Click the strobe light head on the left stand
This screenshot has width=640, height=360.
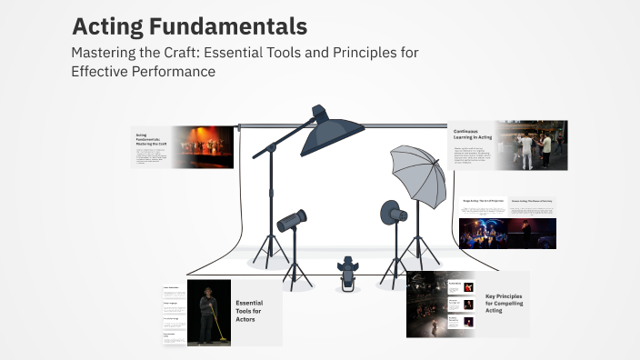pos(291,220)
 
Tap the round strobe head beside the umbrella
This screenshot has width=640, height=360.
pos(393,212)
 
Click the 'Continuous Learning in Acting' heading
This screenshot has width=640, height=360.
pos(474,135)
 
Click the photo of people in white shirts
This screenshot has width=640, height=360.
pos(534,145)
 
